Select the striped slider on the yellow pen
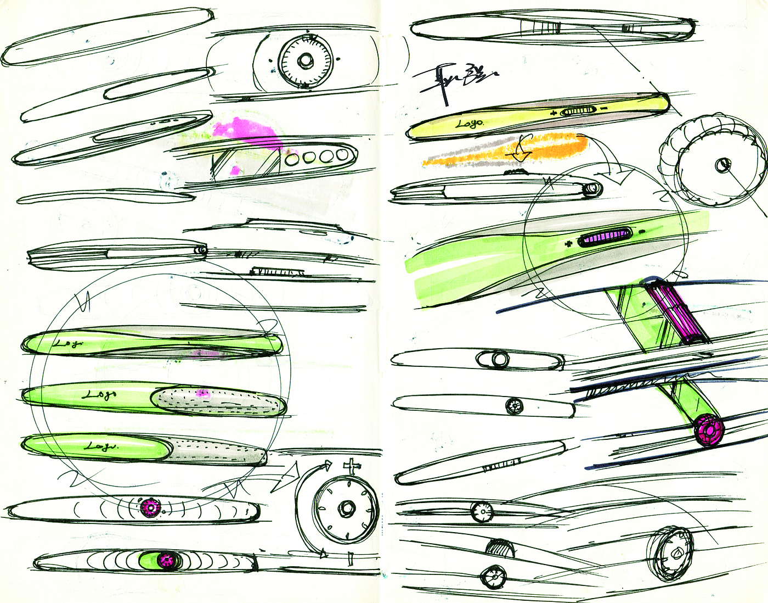click(578, 111)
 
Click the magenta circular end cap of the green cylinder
click(708, 430)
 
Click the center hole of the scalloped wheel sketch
click(722, 164)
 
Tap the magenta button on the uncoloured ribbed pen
click(149, 508)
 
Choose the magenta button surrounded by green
click(167, 560)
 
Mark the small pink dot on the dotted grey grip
click(203, 393)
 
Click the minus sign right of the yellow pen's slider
click(604, 109)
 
